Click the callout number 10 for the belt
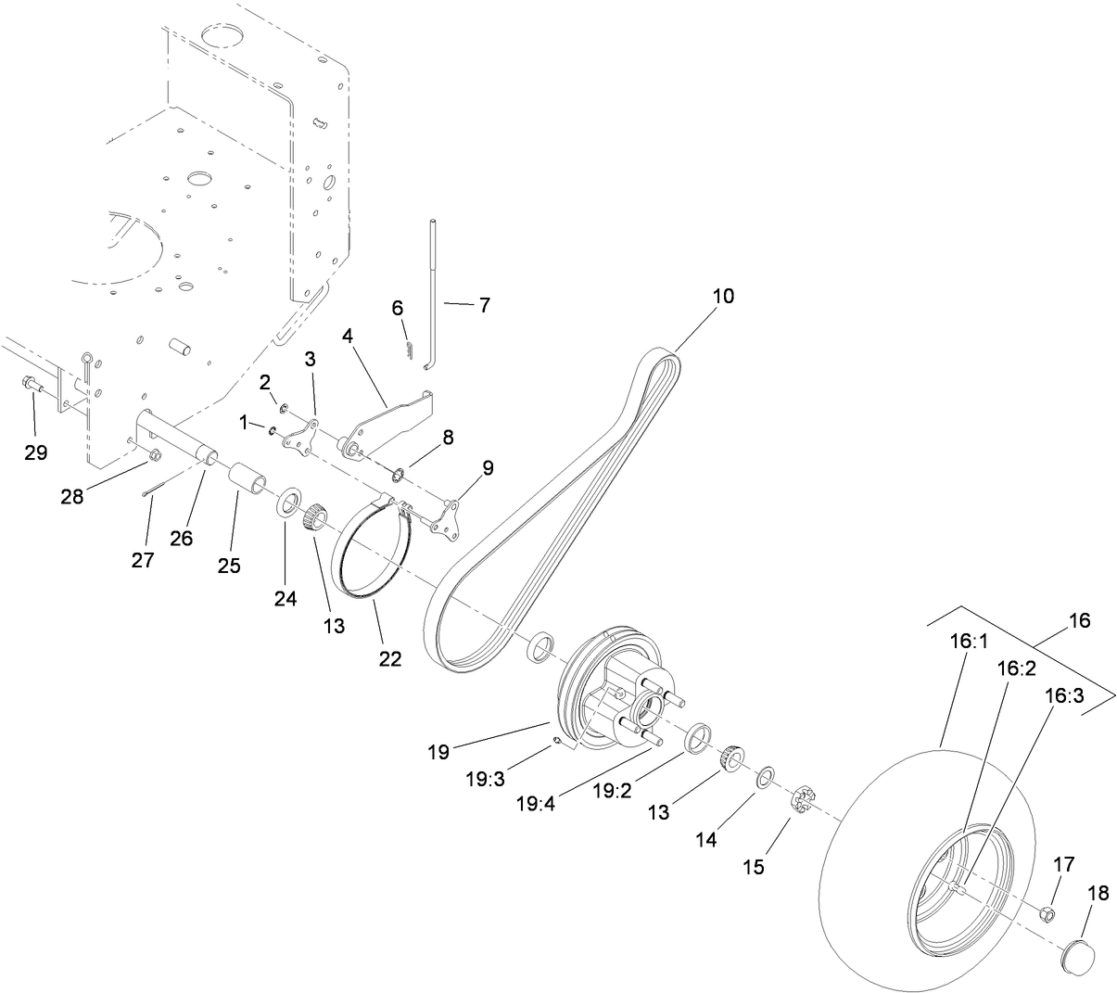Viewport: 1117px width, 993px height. tap(722, 296)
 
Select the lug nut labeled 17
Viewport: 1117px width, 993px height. tap(1045, 913)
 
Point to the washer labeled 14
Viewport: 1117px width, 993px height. tap(766, 777)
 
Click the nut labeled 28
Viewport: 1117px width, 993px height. tap(155, 454)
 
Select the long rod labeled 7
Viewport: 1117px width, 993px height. tap(434, 297)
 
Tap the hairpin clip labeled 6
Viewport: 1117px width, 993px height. tap(409, 347)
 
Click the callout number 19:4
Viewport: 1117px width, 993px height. tap(536, 802)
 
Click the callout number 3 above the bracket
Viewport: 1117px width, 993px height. tap(310, 358)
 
